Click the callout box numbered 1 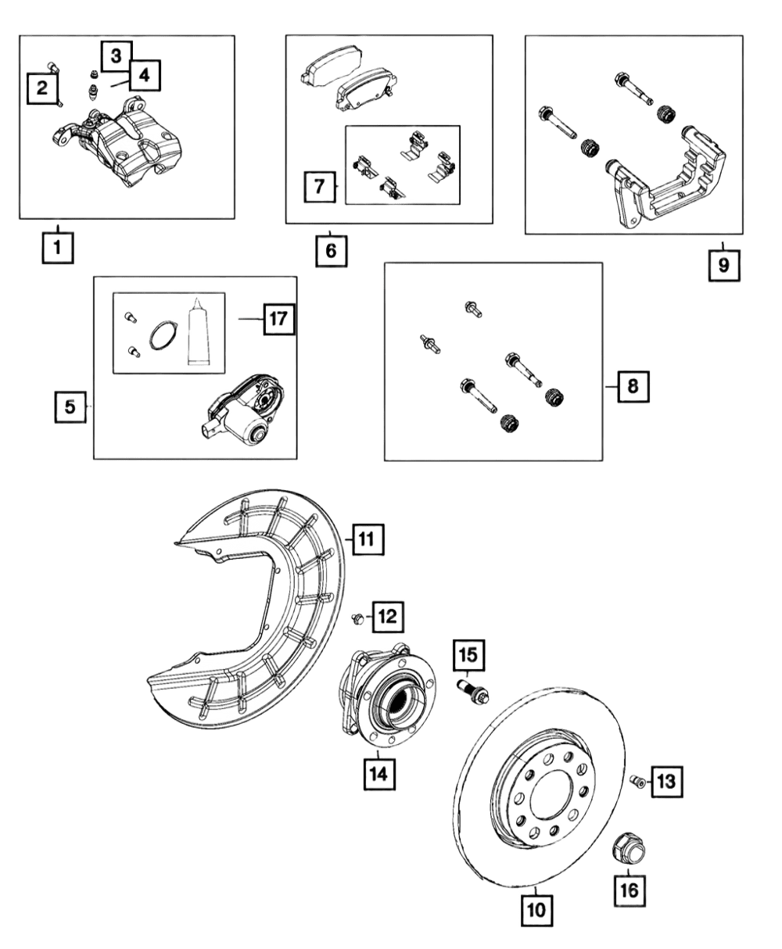point(58,248)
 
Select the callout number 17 point(279,319)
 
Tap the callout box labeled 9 point(724,266)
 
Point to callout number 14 point(379,774)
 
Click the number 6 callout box point(332,250)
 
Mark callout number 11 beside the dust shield point(368,539)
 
